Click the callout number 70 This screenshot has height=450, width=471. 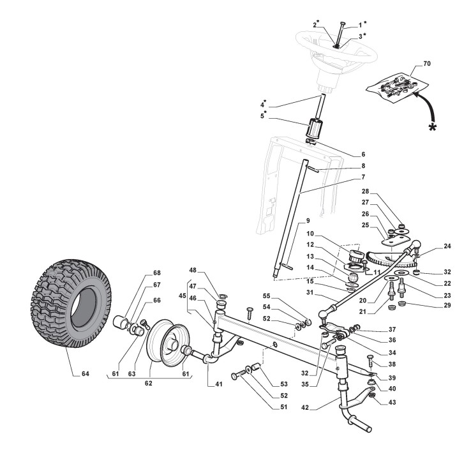point(427,66)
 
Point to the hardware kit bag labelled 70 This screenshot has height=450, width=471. point(395,85)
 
